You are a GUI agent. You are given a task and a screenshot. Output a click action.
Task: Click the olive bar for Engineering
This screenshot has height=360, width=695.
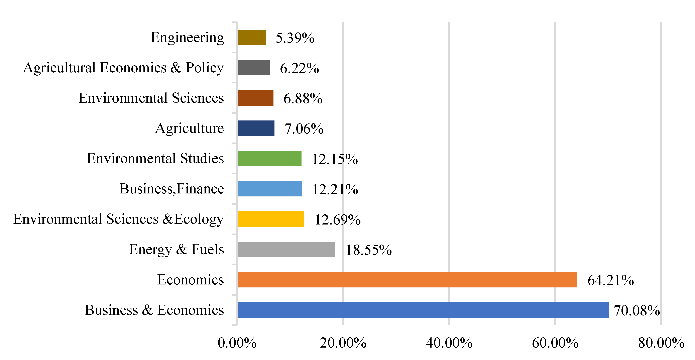coord(251,37)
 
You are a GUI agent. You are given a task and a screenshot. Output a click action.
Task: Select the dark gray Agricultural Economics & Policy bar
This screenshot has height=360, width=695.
coord(254,68)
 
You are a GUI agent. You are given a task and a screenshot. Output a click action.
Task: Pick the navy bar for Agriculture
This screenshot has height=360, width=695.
coord(256,128)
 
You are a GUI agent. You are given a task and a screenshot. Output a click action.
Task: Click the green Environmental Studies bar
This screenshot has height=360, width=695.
coord(269,158)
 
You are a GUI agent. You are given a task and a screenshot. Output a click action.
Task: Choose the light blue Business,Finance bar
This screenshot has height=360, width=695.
coord(269,189)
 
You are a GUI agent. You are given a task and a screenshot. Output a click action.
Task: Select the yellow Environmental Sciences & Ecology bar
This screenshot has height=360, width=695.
coord(271,219)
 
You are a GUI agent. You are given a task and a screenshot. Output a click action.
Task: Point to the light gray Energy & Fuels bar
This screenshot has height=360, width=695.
coord(286,249)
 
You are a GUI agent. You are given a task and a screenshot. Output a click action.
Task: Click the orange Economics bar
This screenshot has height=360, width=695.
coord(407,280)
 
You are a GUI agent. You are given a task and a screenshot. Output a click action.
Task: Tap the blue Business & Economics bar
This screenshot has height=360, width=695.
coord(423,310)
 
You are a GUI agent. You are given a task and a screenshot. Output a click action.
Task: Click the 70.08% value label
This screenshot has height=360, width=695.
coord(637,310)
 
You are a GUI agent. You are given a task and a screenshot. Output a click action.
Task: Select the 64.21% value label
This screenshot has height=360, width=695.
coord(610,280)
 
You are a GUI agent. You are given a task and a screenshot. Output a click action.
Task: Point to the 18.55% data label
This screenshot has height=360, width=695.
coord(369,250)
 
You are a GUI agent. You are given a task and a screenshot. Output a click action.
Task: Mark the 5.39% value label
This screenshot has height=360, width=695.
coord(295,38)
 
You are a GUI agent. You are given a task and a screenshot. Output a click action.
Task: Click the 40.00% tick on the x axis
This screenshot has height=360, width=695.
coord(449,343)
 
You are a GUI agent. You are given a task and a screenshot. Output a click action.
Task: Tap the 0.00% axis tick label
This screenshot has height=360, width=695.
coord(237,343)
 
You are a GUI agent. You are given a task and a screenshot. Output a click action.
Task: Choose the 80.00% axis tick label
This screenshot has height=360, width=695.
coord(661,343)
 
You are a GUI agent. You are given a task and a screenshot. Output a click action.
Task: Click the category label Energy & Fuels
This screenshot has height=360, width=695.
coord(177,249)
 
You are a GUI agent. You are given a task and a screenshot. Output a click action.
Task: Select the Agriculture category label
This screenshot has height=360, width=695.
coord(189,128)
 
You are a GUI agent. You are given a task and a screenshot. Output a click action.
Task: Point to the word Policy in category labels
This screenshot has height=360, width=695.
coord(205,68)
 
